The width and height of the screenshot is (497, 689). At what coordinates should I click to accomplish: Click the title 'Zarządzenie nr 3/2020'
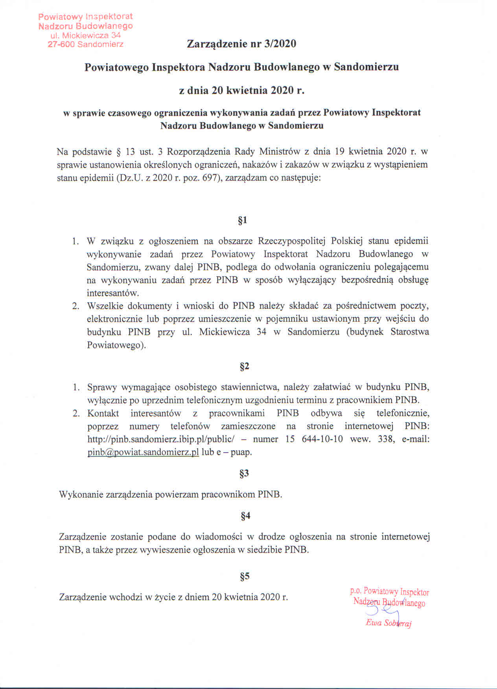(x=241, y=44)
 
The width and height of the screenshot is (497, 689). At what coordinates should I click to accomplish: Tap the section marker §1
(x=243, y=220)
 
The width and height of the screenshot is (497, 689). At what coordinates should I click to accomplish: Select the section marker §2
(x=244, y=367)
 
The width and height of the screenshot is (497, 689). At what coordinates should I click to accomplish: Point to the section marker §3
(x=244, y=473)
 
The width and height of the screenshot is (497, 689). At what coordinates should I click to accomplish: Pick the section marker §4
(x=245, y=516)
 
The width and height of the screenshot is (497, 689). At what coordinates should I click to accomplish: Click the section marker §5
(x=245, y=577)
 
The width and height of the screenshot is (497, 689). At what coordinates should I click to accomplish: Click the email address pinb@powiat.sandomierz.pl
(x=143, y=452)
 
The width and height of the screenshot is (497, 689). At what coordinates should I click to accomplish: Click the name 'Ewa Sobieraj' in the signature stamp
(x=388, y=623)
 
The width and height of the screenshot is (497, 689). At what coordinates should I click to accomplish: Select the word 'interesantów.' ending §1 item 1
(x=113, y=293)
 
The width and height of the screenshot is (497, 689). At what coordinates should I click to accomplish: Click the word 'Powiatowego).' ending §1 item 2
(x=116, y=345)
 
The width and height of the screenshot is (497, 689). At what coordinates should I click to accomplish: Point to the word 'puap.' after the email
(x=241, y=452)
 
